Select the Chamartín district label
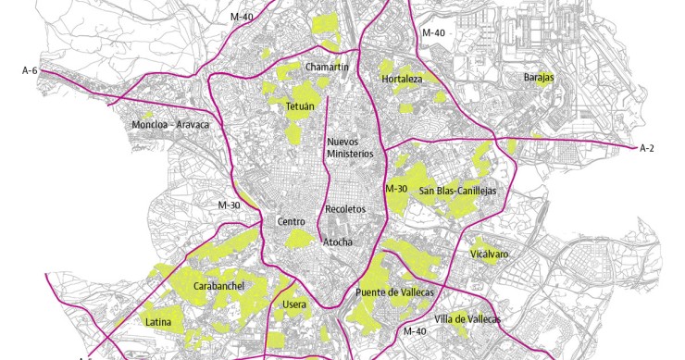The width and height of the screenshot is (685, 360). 327,67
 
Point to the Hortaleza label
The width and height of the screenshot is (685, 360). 402,80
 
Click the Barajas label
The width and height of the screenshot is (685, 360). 539,78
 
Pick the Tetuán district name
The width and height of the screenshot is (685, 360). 300,106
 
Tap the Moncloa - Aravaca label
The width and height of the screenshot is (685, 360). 171,124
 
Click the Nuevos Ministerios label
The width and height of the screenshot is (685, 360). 350,148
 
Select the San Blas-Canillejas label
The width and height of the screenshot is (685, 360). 457,191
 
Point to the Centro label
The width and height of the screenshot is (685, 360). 291,222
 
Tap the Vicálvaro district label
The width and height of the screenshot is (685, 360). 490,253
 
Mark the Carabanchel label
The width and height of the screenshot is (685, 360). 218,287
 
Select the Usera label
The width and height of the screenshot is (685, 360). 294,304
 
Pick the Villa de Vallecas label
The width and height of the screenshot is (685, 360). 467,318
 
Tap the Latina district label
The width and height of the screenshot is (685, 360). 158,322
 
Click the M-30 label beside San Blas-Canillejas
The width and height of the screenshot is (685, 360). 396,189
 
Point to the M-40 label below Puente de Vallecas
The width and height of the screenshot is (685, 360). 415,330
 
